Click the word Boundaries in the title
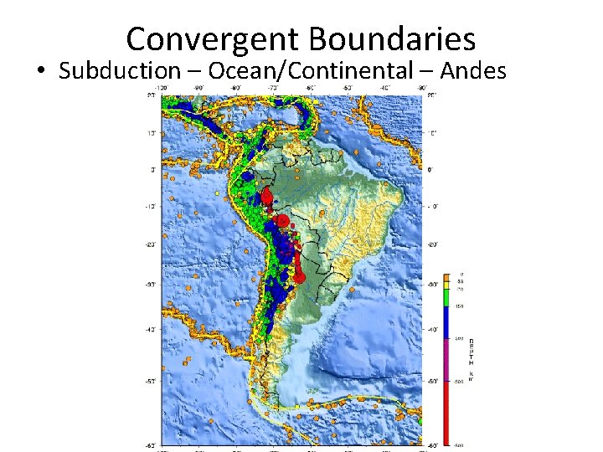point(391,39)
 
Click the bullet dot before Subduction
point(41,71)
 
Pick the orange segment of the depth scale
point(448,276)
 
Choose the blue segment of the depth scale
point(448,322)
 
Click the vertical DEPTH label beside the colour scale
point(471,360)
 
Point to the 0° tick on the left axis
point(152,169)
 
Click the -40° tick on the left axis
point(150,329)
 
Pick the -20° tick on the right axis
point(431,244)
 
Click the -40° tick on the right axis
point(431,329)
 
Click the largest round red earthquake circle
point(283,221)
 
